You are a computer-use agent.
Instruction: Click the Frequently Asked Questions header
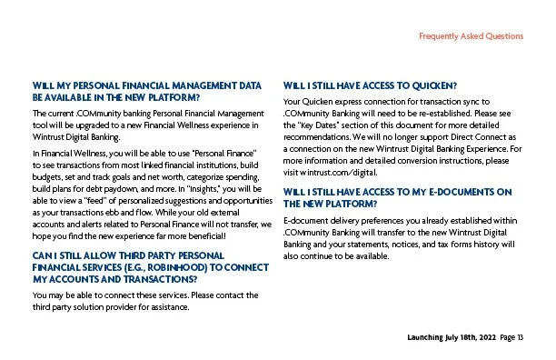pos(471,36)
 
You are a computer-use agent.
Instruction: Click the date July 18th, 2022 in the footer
pos(462,338)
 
